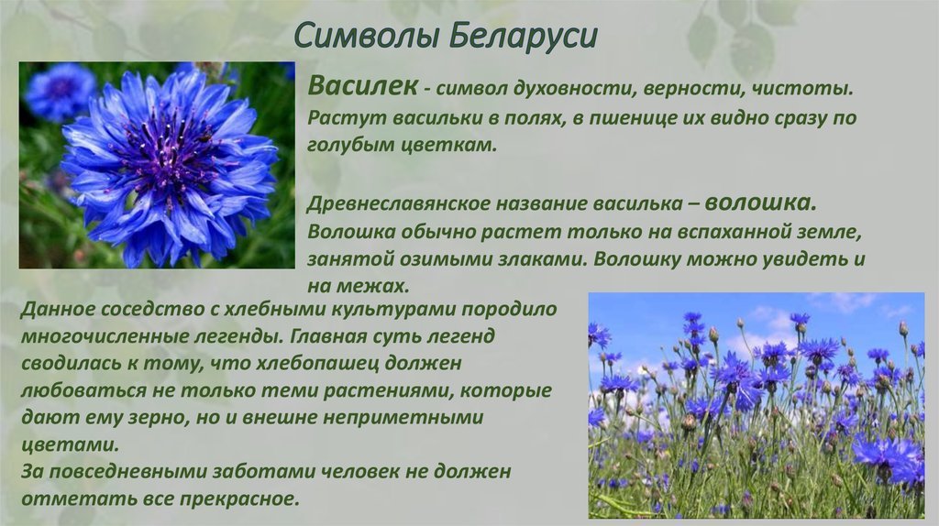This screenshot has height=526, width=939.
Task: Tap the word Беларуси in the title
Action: (x=522, y=35)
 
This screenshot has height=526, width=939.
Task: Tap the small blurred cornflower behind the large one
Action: (x=59, y=92)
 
